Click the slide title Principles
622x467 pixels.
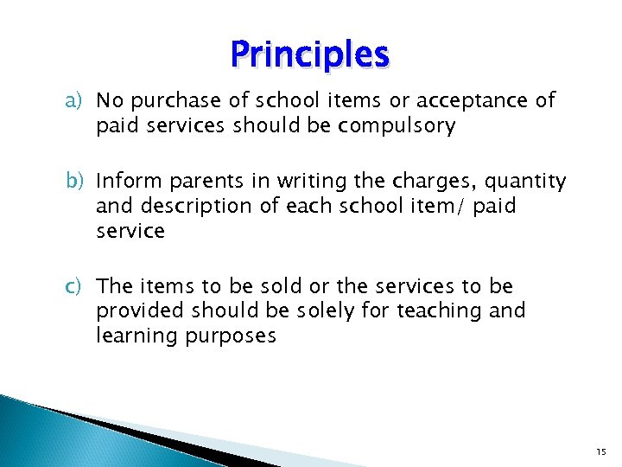pyautogui.click(x=310, y=54)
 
